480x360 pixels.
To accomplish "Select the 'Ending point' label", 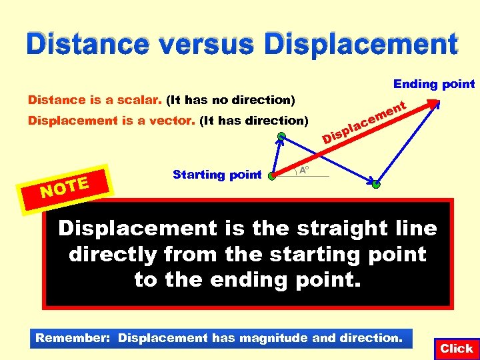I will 434,84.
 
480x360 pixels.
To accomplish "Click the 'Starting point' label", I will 217,175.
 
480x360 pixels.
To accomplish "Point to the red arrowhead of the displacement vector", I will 435,103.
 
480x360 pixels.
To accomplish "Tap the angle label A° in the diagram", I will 304,171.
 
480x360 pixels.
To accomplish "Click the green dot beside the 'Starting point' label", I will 271,177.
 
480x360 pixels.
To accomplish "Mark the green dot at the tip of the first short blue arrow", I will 282,137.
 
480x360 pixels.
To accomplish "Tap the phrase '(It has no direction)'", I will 231,101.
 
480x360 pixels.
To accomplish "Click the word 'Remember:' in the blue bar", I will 73,338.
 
